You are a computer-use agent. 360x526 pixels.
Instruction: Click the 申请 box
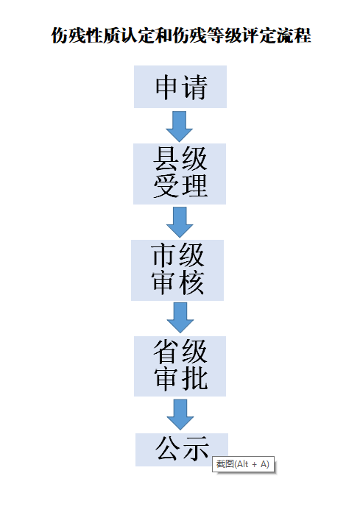[x=180, y=87]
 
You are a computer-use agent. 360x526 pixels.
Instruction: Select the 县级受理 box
[x=180, y=174]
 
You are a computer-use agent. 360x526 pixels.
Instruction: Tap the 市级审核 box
[x=177, y=270]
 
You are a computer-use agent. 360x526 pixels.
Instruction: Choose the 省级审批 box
[x=180, y=366]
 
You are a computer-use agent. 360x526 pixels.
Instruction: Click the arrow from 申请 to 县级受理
[x=180, y=127]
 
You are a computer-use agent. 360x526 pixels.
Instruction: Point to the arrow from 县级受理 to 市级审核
[x=180, y=222]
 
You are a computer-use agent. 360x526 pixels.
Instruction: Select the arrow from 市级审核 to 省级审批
[x=180, y=318]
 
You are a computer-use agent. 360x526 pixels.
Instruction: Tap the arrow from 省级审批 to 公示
[x=180, y=415]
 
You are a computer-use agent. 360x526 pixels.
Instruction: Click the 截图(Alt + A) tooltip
[x=243, y=464]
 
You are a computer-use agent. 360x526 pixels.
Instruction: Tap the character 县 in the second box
[x=166, y=159]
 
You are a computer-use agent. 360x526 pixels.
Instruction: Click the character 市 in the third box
[x=163, y=255]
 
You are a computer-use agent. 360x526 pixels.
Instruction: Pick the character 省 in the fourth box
[x=166, y=351]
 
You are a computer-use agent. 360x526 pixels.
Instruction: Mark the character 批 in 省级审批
[x=194, y=378]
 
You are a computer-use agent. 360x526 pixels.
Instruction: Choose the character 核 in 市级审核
[x=191, y=282]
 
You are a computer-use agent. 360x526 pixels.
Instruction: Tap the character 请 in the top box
[x=194, y=88]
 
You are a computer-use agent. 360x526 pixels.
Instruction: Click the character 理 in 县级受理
[x=194, y=185]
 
